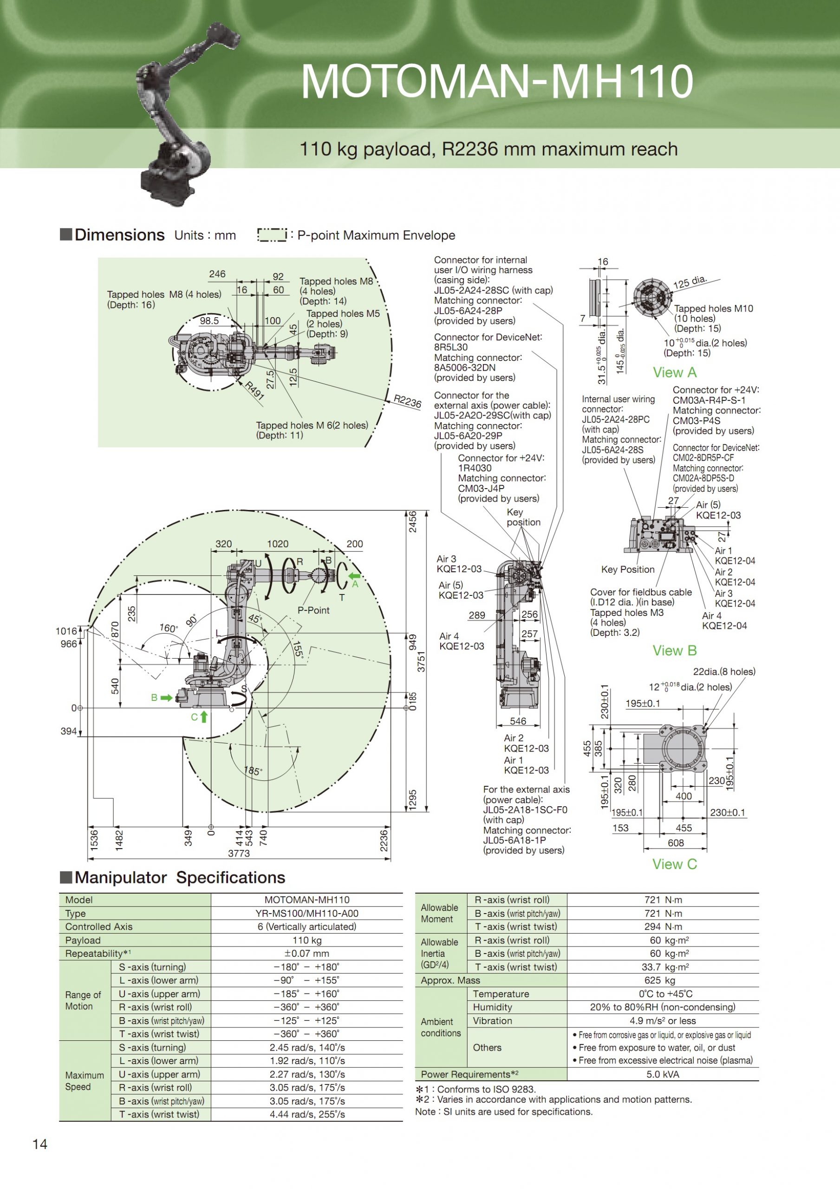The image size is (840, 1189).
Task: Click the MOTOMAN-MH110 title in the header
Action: pos(497,81)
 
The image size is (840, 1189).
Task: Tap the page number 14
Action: pos(40,1144)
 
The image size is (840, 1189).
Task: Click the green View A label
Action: pos(674,372)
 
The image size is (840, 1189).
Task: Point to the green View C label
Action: pos(674,864)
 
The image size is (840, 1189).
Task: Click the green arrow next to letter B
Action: pos(166,698)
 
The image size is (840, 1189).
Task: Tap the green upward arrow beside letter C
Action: pos(204,717)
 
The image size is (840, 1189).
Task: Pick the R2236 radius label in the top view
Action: pos(407,401)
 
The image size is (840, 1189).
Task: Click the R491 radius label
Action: pos(254,391)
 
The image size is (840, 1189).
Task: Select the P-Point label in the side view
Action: pos(313,610)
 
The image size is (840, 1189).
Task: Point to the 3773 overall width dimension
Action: pos(239,853)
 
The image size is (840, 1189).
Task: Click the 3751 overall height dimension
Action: pos(422,662)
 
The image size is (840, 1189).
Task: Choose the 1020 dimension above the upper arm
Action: pos(278,544)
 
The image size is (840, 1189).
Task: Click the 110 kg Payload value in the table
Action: pos(306,940)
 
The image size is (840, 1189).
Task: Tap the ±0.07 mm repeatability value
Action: pos(306,954)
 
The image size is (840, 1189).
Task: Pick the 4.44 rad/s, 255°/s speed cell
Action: pos(306,1114)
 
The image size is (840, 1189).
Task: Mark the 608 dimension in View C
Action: pos(675,843)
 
